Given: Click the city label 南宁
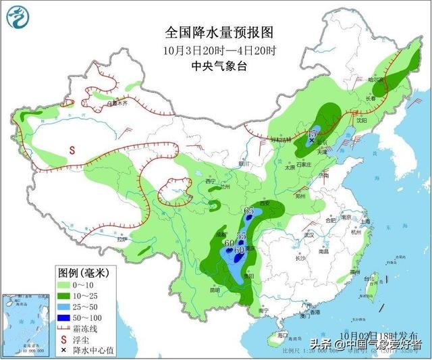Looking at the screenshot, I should coord(263,310).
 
